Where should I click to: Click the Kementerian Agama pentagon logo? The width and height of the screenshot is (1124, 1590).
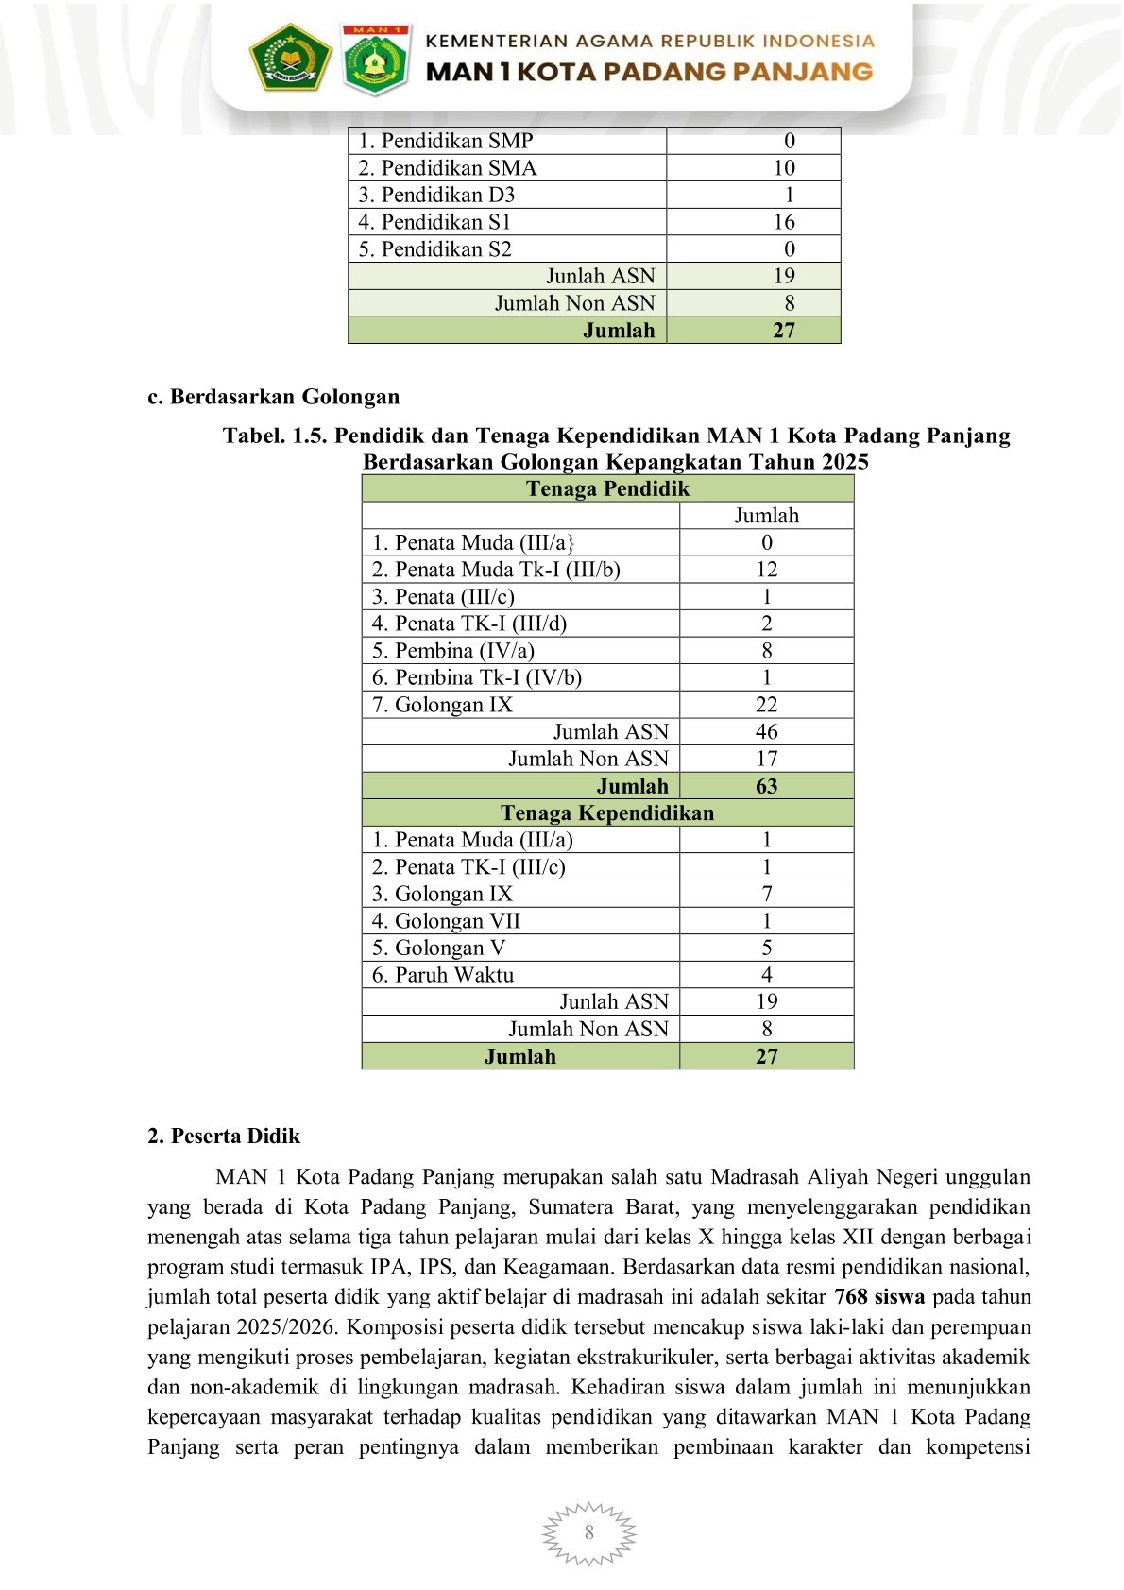coord(290,57)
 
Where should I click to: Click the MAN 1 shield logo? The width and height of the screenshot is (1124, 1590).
coord(376,60)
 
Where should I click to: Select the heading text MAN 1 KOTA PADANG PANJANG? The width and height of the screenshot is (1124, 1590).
coord(649,72)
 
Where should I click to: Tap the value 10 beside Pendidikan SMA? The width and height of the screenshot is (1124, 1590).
coord(784,168)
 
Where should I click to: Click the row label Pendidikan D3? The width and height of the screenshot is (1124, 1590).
coord(436,196)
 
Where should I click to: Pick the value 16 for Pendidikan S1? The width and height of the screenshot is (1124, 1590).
coord(784,222)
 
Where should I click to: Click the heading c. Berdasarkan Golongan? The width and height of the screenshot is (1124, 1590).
coord(273,397)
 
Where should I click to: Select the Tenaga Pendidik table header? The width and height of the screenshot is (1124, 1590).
coord(607,488)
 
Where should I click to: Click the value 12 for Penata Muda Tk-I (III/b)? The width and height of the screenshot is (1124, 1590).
coord(766,570)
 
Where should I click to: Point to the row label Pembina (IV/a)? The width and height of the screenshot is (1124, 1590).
coord(453,651)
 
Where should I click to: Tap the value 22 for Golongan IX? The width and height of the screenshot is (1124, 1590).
coord(766,705)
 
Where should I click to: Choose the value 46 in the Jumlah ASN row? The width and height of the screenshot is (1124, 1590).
coord(766,732)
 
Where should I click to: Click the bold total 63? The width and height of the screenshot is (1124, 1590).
coord(766,786)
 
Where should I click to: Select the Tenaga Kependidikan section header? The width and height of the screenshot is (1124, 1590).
coord(607,813)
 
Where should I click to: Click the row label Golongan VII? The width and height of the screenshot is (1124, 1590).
coord(446,921)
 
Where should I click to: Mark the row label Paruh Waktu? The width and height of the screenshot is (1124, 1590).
coord(443,975)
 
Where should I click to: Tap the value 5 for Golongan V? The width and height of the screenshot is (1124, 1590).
coord(766,948)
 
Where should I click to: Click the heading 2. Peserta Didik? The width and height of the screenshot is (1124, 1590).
coord(224,1137)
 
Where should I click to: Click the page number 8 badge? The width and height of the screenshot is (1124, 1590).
coord(589,1532)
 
